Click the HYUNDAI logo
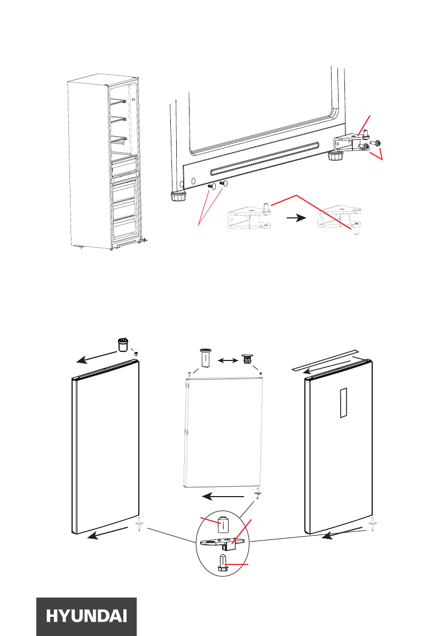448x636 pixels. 87,616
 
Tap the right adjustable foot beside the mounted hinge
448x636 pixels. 335,156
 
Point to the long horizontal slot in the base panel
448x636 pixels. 264,158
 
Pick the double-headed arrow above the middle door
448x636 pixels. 227,361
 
